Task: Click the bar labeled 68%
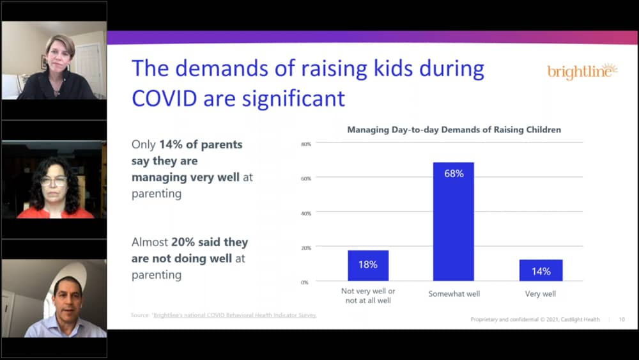pyautogui.click(x=453, y=221)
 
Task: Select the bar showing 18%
pyautogui.click(x=368, y=265)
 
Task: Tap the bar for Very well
pyautogui.click(x=541, y=270)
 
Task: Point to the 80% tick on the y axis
pyautogui.click(x=305, y=144)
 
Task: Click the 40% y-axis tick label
pyautogui.click(x=305, y=213)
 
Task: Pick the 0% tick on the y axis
pyautogui.click(x=305, y=281)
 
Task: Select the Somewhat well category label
pyautogui.click(x=454, y=294)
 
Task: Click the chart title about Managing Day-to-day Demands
pyautogui.click(x=454, y=130)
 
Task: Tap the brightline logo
pyautogui.click(x=582, y=72)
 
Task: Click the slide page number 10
pyautogui.click(x=622, y=319)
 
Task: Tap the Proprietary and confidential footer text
pyautogui.click(x=535, y=319)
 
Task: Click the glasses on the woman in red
pyautogui.click(x=54, y=182)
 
